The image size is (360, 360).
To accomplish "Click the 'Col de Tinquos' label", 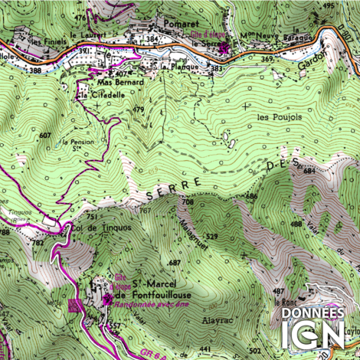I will pos(97,228).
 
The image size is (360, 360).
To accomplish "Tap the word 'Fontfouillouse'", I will pos(162,295).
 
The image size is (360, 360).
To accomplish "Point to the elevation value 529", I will pos(212,236).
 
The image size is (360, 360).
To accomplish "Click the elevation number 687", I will pos(174,263).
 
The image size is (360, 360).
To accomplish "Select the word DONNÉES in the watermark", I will pos(313,313).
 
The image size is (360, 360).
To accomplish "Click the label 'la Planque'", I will pos(184,67).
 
